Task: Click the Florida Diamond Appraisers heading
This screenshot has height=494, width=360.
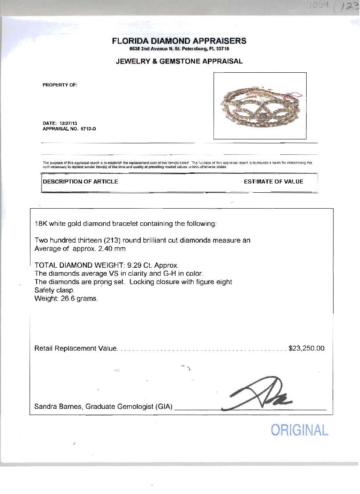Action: click(x=179, y=41)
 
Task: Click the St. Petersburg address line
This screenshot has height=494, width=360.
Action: click(x=179, y=49)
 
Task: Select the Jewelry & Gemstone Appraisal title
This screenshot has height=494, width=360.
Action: click(x=179, y=61)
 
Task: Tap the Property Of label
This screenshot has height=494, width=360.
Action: click(x=60, y=85)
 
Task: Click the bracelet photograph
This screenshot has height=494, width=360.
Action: click(x=259, y=106)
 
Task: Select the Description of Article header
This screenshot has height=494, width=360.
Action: click(x=81, y=181)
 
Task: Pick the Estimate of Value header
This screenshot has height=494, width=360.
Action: click(x=274, y=181)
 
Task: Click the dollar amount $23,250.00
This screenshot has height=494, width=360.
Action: click(x=306, y=348)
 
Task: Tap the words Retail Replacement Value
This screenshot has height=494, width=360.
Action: click(x=75, y=348)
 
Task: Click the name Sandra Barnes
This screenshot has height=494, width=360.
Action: click(x=57, y=406)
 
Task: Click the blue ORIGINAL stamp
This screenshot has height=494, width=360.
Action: click(x=299, y=430)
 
